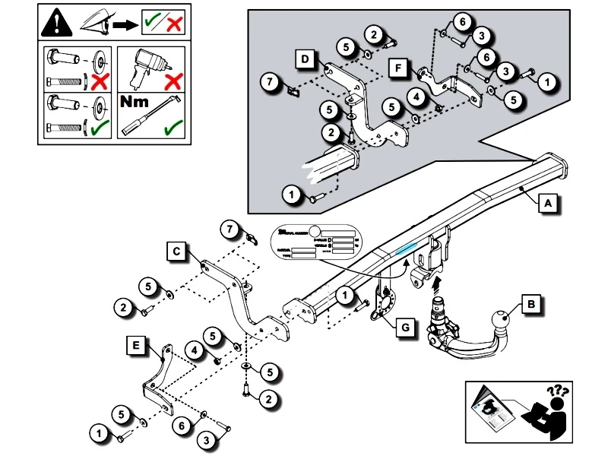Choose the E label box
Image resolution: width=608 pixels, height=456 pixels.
point(136,347)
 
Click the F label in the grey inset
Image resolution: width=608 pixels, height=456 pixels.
point(397,68)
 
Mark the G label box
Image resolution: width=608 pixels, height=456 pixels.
point(406,328)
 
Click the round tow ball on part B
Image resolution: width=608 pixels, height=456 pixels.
point(502,319)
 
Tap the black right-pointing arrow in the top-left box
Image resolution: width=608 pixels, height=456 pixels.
point(123,25)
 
